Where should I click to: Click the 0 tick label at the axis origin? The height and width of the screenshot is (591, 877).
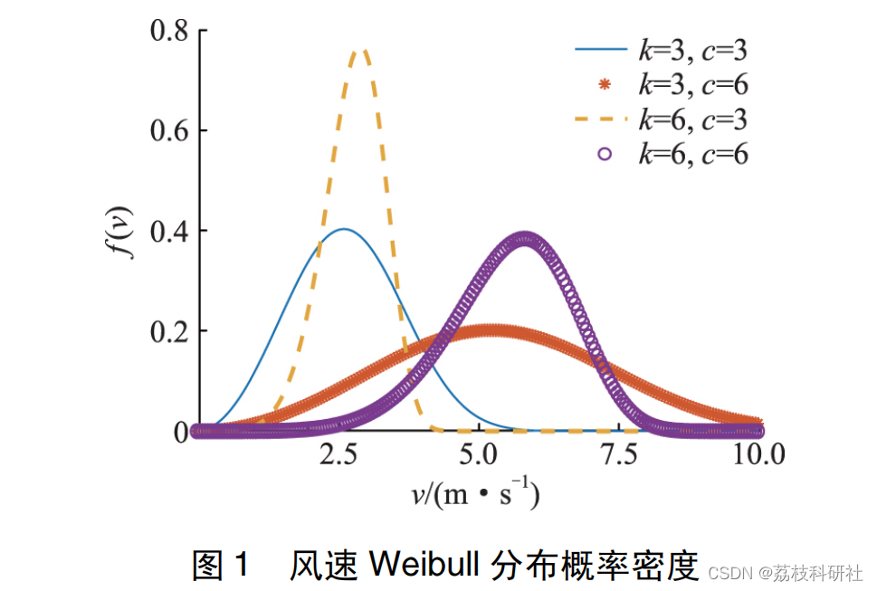(x=179, y=433)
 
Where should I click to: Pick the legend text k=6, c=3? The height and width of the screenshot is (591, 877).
(x=693, y=119)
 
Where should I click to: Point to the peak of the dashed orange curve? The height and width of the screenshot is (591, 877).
(x=363, y=52)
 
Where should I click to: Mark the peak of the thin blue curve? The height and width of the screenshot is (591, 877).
(x=344, y=229)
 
